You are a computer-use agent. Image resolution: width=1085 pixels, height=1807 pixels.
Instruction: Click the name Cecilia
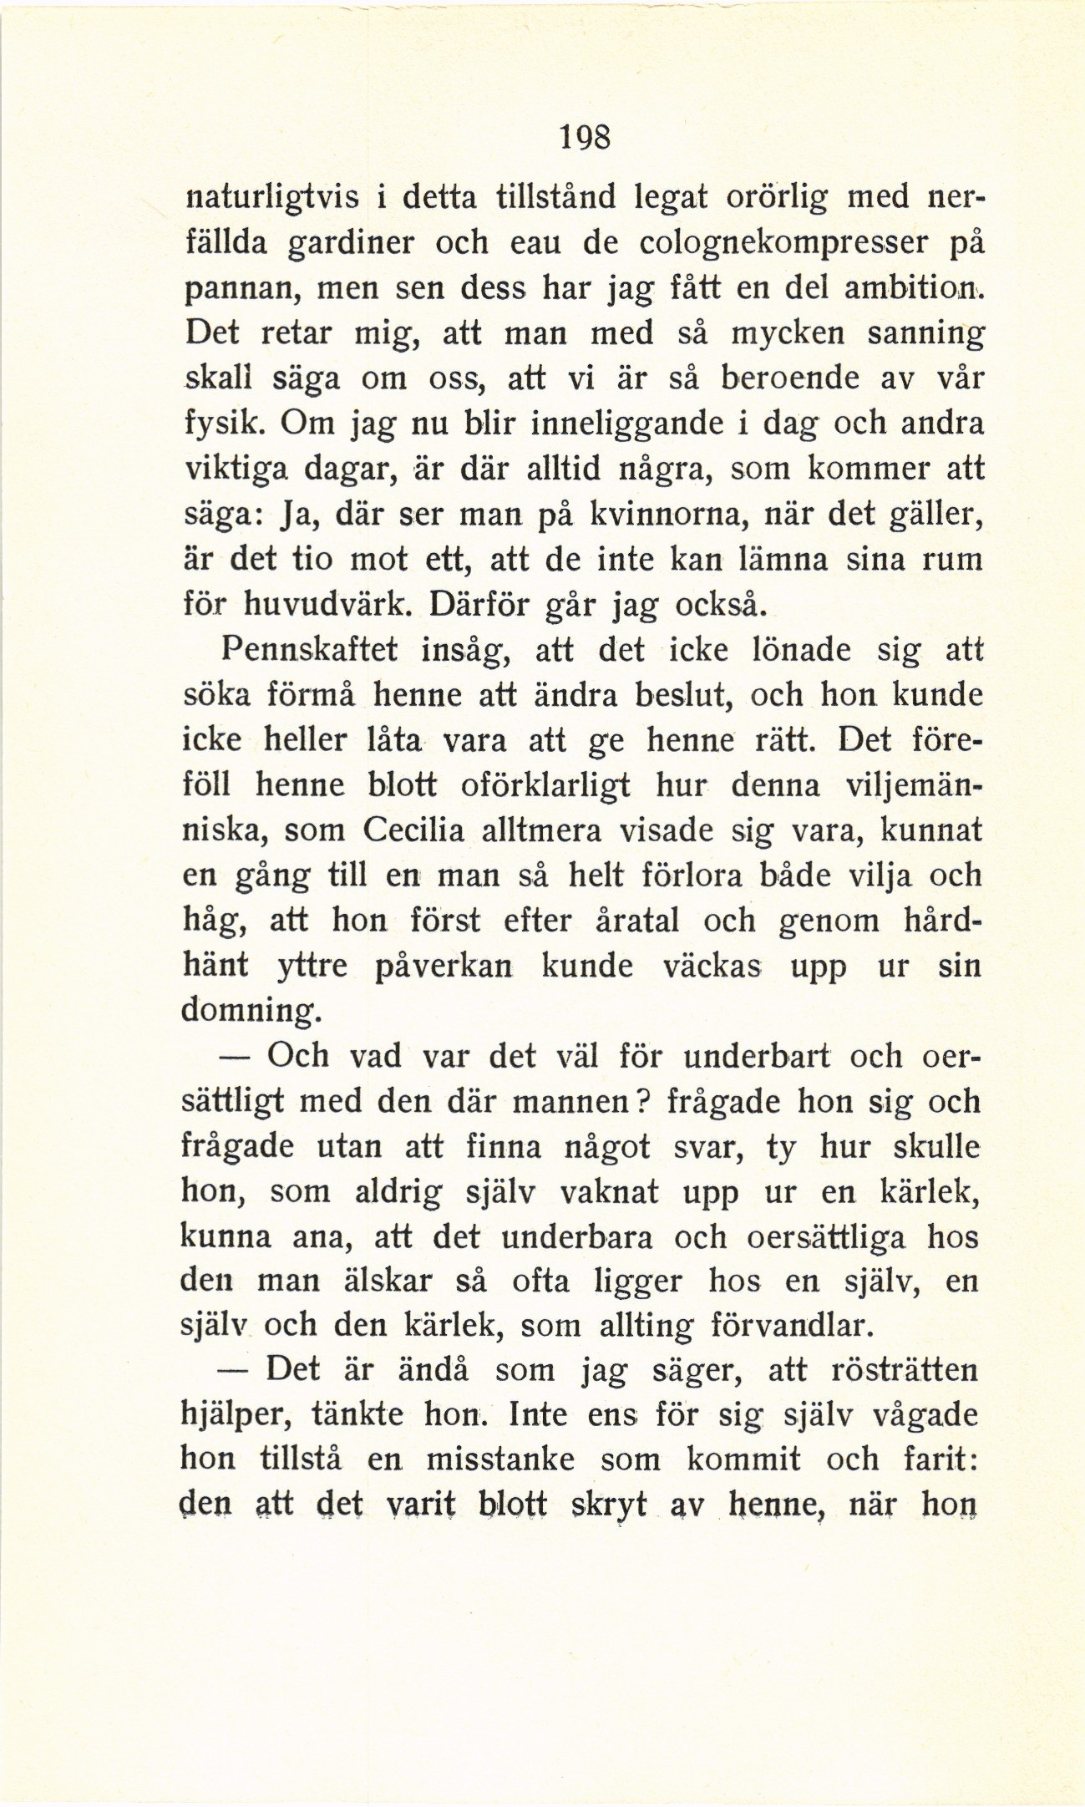pyautogui.click(x=414, y=831)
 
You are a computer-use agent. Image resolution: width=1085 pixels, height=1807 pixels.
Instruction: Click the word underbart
pyautogui.click(x=757, y=1057)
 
